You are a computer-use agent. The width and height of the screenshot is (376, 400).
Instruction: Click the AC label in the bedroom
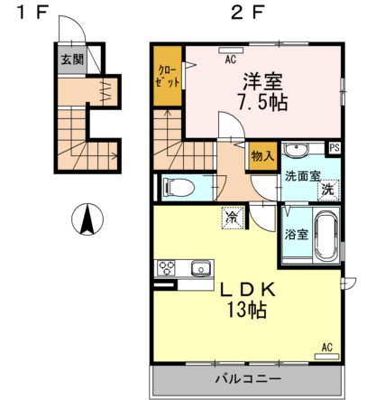(230, 60)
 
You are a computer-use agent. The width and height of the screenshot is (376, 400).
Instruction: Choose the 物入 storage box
(261, 156)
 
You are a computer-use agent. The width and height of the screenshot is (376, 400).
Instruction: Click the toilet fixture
(179, 188)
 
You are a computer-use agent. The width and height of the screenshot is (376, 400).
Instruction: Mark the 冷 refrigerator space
(233, 217)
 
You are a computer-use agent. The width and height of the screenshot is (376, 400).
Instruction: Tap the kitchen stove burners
(169, 267)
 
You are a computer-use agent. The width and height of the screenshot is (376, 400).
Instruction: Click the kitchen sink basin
(200, 267)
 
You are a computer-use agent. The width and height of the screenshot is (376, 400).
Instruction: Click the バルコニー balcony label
(247, 377)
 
